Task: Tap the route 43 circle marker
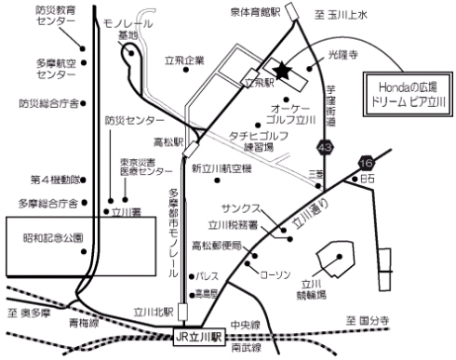point(325,148)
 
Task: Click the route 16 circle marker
point(363,164)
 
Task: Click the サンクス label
point(240,208)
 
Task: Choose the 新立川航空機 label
point(221,168)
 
